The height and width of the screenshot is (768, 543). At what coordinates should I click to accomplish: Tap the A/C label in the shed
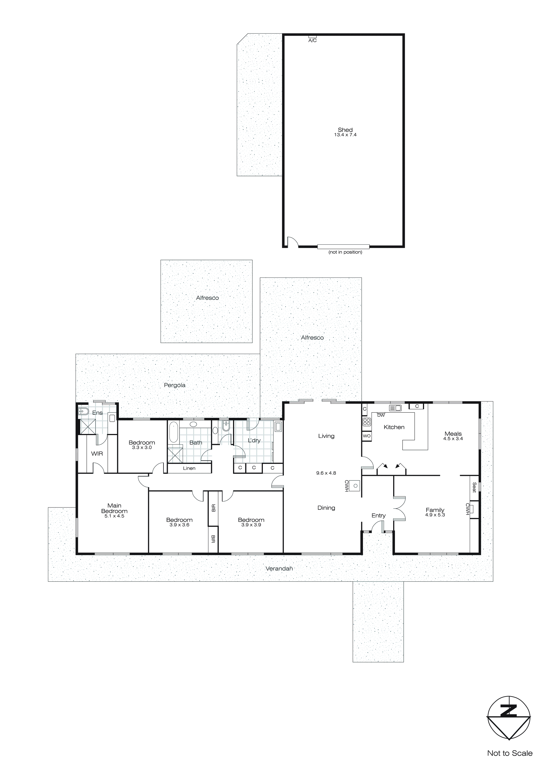pyautogui.click(x=312, y=41)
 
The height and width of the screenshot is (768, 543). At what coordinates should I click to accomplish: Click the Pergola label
pyautogui.click(x=175, y=385)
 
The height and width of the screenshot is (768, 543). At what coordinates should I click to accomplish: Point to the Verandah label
pyautogui.click(x=279, y=568)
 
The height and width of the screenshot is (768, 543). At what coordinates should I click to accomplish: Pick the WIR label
pyautogui.click(x=97, y=453)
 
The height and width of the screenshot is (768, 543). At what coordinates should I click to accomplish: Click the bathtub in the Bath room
pyautogui.click(x=173, y=432)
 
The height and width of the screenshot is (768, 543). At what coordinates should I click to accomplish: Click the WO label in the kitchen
pyautogui.click(x=367, y=436)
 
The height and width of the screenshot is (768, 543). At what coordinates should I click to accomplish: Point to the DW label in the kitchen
pyautogui.click(x=381, y=415)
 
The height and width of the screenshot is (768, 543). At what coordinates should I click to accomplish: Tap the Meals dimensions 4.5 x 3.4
pyautogui.click(x=453, y=439)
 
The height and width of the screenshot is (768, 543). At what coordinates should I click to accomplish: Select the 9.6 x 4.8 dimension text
pyautogui.click(x=326, y=473)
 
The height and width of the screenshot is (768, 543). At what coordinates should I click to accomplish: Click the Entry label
pyautogui.click(x=379, y=516)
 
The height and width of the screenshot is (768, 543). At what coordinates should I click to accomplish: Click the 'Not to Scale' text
pyautogui.click(x=509, y=753)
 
